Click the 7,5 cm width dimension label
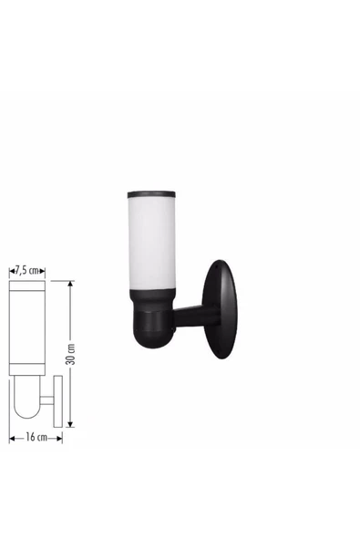[26, 270]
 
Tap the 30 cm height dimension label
[70, 354]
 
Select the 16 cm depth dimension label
[36, 437]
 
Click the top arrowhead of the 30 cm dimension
[70, 284]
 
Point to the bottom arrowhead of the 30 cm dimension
[70, 424]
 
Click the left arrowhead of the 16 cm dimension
[12, 439]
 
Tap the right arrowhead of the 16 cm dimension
[59, 439]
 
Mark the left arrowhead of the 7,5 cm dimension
[12, 272]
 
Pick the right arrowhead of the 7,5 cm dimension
[42, 272]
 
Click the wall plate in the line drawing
[58, 401]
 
